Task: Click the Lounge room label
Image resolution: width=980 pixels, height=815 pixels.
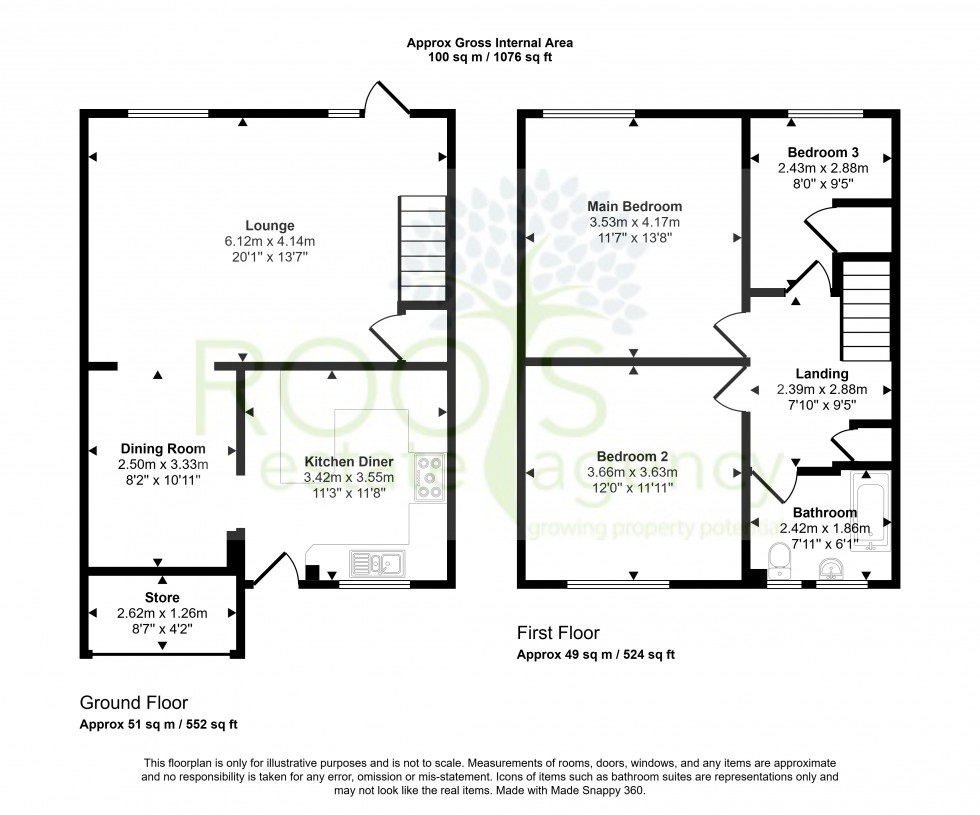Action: [269, 226]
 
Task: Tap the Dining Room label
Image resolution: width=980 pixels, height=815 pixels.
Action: [162, 449]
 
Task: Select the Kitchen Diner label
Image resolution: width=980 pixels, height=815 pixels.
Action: [349, 462]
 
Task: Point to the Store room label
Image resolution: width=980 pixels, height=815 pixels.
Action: [162, 598]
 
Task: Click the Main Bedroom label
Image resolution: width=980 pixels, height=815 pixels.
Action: [634, 206]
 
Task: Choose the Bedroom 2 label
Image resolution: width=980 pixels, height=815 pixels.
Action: [632, 457]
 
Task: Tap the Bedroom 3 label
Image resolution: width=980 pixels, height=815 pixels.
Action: [823, 152]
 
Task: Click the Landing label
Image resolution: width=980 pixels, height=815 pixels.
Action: [822, 374]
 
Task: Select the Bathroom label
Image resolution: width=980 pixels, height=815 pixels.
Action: [825, 512]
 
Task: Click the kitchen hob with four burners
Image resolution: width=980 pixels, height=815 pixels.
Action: [429, 478]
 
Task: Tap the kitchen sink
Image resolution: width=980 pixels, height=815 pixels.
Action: [377, 564]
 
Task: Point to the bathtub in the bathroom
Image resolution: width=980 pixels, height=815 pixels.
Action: [870, 511]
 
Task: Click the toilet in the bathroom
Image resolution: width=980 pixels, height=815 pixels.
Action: [779, 559]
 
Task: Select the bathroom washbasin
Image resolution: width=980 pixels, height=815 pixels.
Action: [831, 568]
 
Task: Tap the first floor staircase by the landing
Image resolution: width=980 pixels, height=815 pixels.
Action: [866, 311]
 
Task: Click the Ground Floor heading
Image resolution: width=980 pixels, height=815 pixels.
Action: [134, 703]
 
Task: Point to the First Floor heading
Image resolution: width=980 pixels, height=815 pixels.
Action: [558, 633]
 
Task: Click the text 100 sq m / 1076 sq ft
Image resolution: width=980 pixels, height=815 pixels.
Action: [489, 58]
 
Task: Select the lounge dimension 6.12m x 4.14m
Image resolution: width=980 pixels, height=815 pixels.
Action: [269, 241]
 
